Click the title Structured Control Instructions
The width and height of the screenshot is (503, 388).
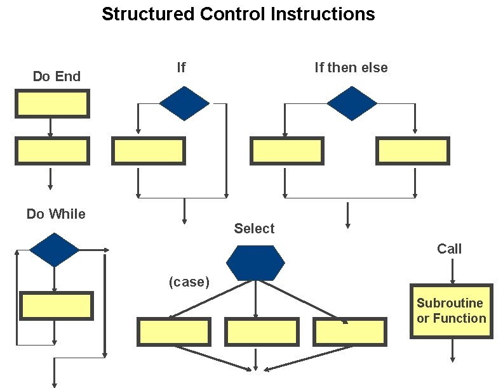point(238,14)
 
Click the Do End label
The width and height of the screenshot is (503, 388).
point(57,77)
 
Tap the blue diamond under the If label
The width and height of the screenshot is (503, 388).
point(184,103)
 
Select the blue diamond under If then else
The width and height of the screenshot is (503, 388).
point(351,103)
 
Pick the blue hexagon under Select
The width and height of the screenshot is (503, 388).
point(255,263)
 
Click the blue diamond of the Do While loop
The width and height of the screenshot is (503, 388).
point(55,250)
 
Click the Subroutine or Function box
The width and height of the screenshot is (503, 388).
point(451,311)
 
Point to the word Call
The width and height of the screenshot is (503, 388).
point(449,249)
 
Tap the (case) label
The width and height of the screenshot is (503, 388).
point(189,282)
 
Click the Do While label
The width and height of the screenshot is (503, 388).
point(56,214)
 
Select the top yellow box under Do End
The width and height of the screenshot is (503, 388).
point(52,103)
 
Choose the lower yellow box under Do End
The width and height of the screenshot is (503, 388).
point(52,151)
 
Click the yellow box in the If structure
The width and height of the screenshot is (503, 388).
point(149,151)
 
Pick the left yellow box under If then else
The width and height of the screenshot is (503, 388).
point(287,151)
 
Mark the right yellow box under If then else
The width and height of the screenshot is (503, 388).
point(413,151)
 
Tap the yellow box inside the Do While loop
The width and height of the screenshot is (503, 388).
point(57,306)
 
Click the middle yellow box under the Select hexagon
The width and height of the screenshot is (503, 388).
point(262,332)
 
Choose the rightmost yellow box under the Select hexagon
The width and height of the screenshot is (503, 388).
point(349,332)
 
